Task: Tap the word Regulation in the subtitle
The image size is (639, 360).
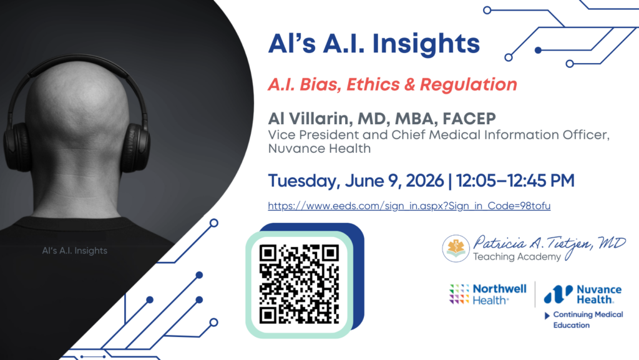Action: coord(468,85)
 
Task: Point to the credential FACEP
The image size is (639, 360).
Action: coord(469,119)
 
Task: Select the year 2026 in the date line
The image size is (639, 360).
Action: coord(424,180)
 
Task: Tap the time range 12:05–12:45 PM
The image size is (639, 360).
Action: coord(515,180)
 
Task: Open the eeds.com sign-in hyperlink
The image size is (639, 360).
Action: coord(409,206)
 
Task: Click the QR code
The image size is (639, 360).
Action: coord(299,285)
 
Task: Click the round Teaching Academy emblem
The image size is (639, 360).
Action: coord(456,248)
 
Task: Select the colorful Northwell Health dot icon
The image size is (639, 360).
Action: coord(459,294)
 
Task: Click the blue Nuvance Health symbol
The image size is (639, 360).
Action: coord(558,294)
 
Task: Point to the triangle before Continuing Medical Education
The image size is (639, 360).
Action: coord(547,316)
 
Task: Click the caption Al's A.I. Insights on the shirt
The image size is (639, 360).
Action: coord(75,250)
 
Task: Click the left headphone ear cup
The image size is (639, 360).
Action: coord(16,147)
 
